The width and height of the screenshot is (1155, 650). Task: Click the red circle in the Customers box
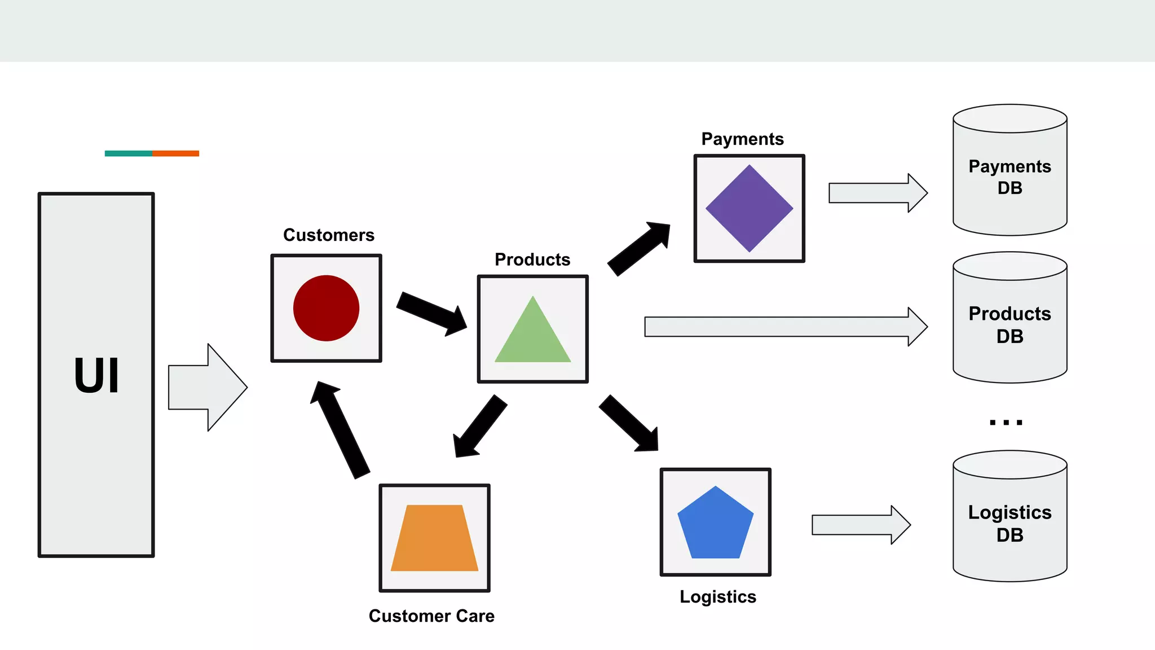[x=326, y=308]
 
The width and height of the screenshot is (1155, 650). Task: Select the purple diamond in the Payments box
[x=749, y=208]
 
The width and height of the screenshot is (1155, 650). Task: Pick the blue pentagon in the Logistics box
[x=715, y=525]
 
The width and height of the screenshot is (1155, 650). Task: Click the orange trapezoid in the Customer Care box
[x=434, y=539]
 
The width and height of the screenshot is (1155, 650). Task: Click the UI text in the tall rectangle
[x=96, y=376]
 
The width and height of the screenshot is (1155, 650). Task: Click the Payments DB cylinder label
[x=1009, y=177]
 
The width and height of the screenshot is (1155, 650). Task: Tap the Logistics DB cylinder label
[x=1009, y=523]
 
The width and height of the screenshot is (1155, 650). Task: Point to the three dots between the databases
[x=1006, y=422]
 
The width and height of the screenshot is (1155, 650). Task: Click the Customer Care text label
[x=431, y=616]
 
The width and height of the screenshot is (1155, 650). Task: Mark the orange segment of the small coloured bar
[x=175, y=153]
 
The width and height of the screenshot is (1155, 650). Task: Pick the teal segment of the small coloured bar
[x=128, y=153]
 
